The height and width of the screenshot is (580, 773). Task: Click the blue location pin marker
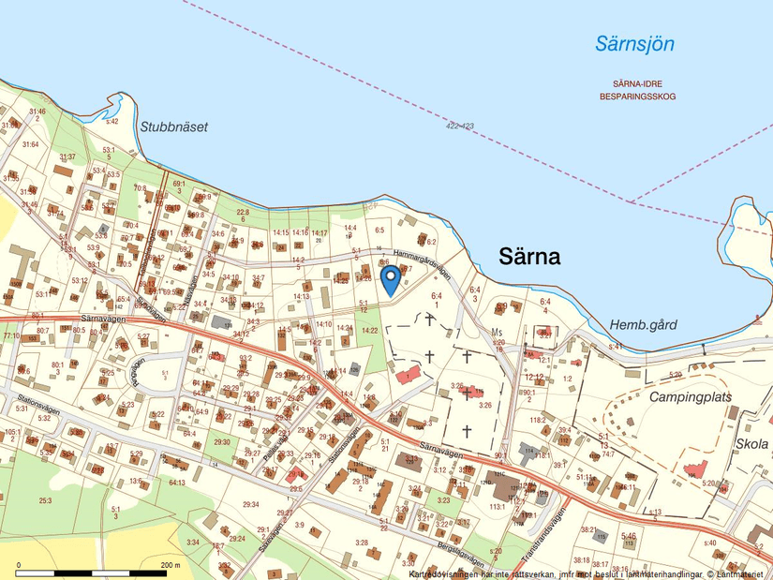[x=391, y=279]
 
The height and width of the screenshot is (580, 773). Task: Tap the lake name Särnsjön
[x=634, y=43]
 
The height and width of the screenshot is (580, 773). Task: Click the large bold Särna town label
[x=529, y=256]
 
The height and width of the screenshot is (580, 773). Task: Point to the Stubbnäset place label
[x=173, y=126]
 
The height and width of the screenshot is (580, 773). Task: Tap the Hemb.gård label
[x=643, y=324]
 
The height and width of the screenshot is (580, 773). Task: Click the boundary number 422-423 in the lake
[x=460, y=126]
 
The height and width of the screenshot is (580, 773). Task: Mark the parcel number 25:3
[x=44, y=500]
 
